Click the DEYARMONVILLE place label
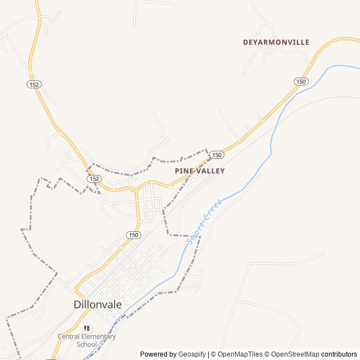point(276,42)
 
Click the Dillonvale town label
point(97,304)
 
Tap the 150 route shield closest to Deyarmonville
point(300,82)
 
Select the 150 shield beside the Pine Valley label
point(217,154)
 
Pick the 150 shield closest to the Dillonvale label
point(133,235)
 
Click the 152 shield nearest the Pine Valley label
point(94,178)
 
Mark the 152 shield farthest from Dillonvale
point(33,83)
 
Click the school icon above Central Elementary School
point(87,327)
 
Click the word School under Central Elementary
point(87,344)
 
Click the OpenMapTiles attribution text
point(237,354)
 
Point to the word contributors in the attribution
point(339,354)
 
